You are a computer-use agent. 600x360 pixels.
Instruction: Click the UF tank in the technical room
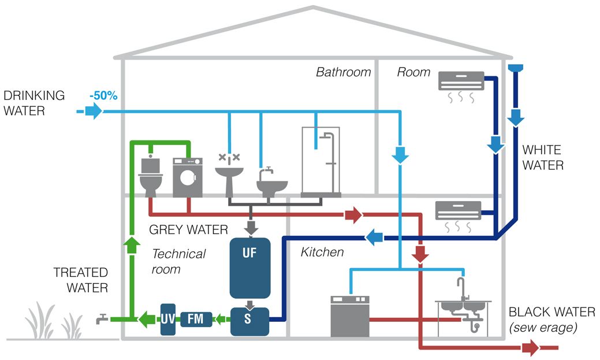click(250, 267)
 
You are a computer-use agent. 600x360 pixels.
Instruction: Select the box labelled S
click(249, 321)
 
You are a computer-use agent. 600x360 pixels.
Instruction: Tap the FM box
click(196, 318)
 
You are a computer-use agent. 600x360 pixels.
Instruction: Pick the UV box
click(167, 318)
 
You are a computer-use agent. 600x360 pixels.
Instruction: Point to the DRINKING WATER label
click(33, 102)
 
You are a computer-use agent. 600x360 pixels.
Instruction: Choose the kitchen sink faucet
click(461, 287)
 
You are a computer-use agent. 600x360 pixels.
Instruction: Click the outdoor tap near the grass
click(102, 318)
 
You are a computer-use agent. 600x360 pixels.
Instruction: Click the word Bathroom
click(343, 72)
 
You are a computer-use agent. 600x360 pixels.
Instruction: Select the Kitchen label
click(322, 252)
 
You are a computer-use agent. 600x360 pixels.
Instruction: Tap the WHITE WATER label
click(542, 158)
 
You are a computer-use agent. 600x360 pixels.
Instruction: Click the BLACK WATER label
click(551, 312)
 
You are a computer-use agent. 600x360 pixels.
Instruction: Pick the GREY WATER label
click(188, 229)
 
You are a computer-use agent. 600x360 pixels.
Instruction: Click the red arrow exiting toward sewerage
click(530, 348)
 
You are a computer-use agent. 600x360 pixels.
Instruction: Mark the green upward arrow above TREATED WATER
click(132, 245)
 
